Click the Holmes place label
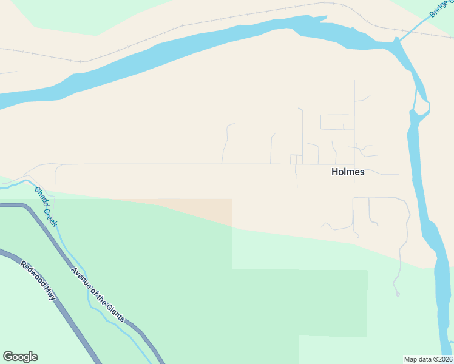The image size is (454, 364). point(348,172)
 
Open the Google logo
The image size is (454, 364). point(20,357)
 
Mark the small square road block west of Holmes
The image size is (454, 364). point(296,159)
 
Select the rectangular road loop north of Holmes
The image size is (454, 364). point(334,122)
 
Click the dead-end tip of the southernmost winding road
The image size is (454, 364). point(398,295)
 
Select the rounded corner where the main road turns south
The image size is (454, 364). point(57,166)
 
